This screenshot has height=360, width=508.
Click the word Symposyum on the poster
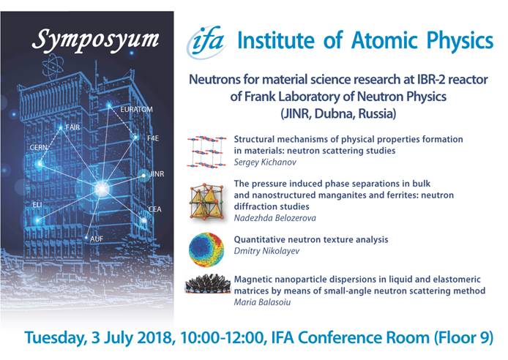click(96, 40)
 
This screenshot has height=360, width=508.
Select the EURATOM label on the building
click(136, 110)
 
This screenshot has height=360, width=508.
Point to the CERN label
click(39, 148)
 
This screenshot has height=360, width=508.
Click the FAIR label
click(72, 127)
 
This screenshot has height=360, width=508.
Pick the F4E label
click(153, 138)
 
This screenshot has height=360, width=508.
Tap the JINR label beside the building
click(157, 174)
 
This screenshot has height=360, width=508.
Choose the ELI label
click(37, 205)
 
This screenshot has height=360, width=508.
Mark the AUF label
click(97, 239)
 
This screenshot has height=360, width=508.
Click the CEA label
click(154, 209)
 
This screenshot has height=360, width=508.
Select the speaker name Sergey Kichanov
click(265, 162)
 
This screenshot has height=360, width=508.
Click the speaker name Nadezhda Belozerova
click(274, 218)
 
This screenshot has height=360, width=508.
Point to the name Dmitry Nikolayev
click(266, 251)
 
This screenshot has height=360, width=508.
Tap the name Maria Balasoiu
click(263, 302)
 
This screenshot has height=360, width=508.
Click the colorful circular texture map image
click(206, 250)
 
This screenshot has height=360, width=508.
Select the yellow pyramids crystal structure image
click(206, 201)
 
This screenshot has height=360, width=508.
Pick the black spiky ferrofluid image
click(208, 284)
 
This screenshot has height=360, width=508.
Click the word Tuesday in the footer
click(56, 338)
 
